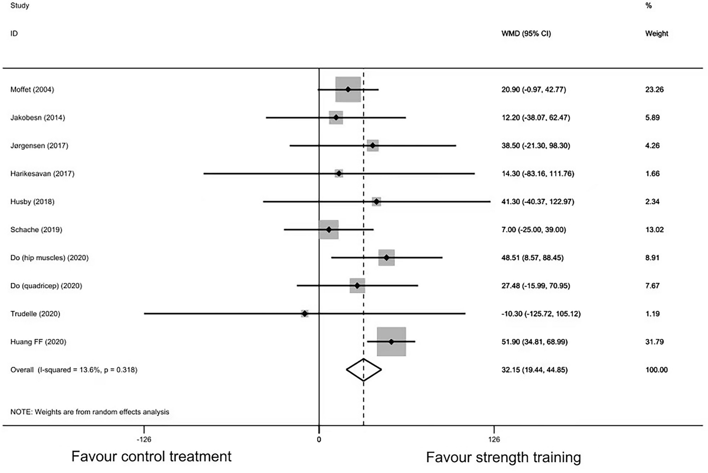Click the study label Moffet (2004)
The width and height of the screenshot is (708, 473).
[32, 90]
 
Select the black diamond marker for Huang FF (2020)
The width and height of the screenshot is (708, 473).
[391, 342]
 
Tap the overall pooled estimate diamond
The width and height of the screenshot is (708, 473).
[364, 370]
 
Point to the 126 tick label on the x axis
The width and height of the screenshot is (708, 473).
[494, 440]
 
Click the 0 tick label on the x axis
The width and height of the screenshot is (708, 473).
[319, 440]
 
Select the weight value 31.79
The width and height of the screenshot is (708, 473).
[654, 342]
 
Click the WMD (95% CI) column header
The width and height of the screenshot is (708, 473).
[526, 34]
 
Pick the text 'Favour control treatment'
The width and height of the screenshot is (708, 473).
[151, 456]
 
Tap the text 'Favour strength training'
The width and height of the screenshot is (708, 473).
[503, 457]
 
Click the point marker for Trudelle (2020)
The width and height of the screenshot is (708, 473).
[305, 314]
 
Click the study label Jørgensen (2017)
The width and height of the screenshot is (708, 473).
[39, 146]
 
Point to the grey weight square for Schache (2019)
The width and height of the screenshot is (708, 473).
[329, 230]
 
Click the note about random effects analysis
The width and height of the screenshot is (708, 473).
[90, 412]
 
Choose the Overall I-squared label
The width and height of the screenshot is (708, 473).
[74, 370]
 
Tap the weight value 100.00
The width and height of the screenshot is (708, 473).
[656, 370]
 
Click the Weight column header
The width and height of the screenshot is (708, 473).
[656, 34]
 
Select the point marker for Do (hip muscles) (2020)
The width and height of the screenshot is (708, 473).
[386, 257]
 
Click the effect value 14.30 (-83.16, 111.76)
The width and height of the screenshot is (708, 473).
[538, 174]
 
